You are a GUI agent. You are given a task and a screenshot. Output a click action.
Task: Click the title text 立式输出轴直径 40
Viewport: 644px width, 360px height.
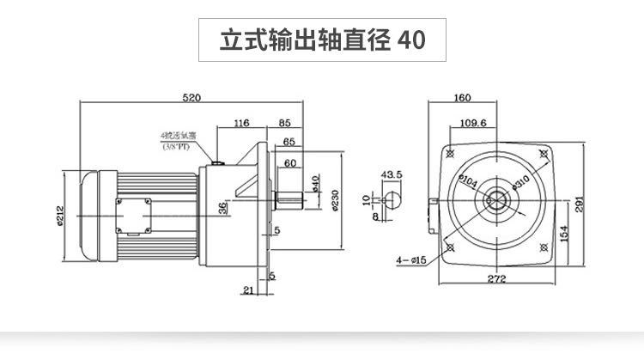(x=322, y=40)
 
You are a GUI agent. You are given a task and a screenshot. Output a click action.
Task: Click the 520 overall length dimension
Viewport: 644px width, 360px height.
(x=191, y=98)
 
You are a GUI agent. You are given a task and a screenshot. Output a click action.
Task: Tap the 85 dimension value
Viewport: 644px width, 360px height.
(x=285, y=124)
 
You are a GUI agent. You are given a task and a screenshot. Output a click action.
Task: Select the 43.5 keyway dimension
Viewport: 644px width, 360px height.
(x=392, y=174)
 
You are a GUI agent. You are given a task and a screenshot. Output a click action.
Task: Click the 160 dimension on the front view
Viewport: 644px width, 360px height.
(x=463, y=98)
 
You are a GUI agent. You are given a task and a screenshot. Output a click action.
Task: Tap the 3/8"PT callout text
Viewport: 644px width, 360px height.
(x=177, y=148)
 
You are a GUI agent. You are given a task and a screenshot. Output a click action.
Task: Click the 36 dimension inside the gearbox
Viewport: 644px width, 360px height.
(x=223, y=208)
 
